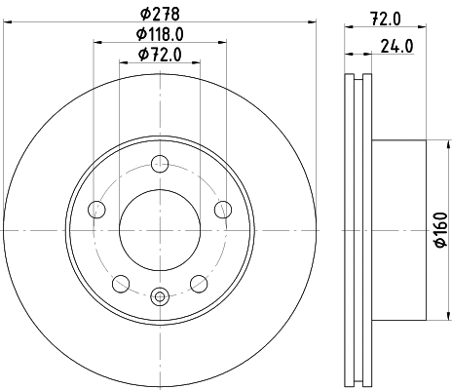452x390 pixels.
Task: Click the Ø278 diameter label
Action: (160, 14)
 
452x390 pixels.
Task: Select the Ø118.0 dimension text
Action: (160, 34)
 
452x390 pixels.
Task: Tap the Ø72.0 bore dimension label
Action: (160, 55)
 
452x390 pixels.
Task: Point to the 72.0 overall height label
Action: (386, 19)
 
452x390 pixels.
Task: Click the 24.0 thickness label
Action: (397, 46)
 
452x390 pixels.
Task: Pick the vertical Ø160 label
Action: (441, 230)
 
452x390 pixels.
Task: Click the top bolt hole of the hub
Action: (160, 164)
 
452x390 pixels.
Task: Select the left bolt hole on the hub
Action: (96, 210)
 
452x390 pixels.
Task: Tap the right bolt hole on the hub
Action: (223, 210)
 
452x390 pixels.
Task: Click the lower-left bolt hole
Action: (121, 284)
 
